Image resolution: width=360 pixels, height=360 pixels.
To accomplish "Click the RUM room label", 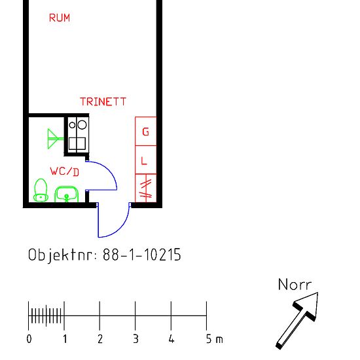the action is (60, 18).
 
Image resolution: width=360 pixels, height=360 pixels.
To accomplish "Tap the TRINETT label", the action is (103, 101).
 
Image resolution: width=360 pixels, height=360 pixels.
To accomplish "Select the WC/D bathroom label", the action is (65, 171).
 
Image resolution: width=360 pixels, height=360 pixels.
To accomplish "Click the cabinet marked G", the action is (146, 131).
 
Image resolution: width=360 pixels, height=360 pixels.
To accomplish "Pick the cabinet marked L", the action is (146, 160).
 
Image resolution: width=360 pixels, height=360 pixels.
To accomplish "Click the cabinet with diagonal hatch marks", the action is (146, 189).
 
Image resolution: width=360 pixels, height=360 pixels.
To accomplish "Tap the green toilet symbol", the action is (41, 190).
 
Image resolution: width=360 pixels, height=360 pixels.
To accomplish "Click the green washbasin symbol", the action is (67, 194).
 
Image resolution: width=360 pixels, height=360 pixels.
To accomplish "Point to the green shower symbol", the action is (56, 139).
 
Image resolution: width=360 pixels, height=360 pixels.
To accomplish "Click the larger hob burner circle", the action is (82, 125).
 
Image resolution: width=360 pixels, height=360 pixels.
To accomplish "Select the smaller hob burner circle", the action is (72, 125).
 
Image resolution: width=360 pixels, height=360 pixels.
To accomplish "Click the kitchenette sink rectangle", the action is (77, 143).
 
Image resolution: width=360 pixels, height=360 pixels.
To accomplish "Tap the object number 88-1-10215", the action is (142, 255).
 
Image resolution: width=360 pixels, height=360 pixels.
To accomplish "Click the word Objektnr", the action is (60, 255).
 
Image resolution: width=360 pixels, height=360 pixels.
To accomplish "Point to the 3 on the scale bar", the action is (135, 339).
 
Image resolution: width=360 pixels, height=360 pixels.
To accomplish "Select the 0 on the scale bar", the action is (29, 339).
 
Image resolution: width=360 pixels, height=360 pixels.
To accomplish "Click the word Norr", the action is (295, 285).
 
